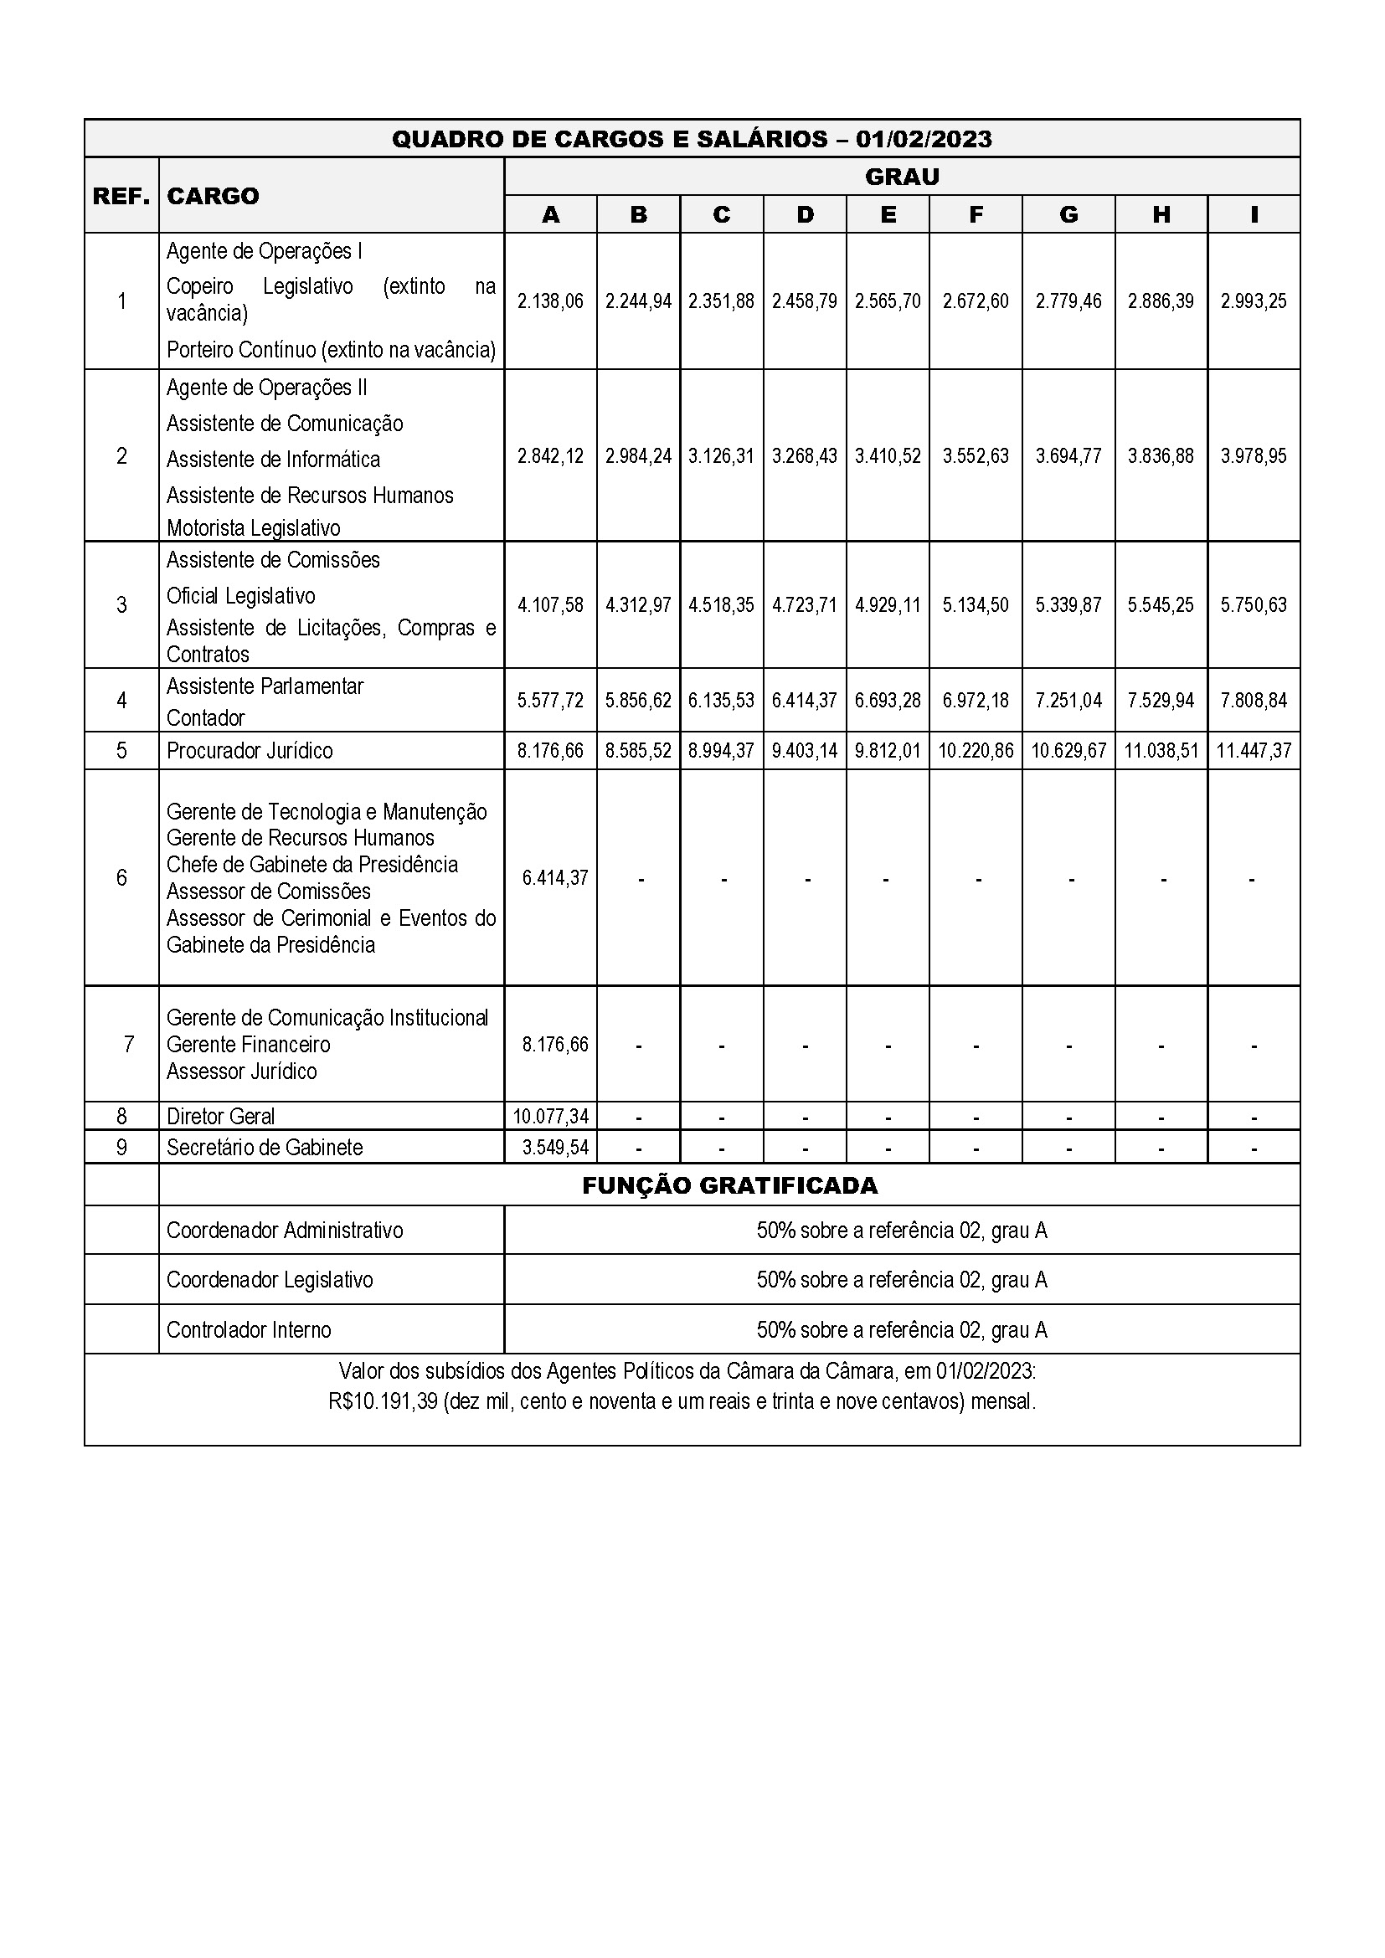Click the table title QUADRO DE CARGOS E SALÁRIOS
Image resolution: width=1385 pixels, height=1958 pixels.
(x=691, y=139)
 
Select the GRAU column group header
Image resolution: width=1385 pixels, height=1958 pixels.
(x=902, y=177)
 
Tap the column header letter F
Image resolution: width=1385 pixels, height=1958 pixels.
(x=976, y=215)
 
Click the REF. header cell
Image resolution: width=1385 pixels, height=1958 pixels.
(x=121, y=196)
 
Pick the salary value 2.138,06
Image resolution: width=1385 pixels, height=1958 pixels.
(x=550, y=301)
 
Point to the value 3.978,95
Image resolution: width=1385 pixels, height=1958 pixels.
(x=1253, y=456)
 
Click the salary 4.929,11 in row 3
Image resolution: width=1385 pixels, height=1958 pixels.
(x=888, y=605)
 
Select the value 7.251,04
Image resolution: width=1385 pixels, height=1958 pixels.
(x=1068, y=701)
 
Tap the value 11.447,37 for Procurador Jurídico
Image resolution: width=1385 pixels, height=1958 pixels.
(x=1253, y=751)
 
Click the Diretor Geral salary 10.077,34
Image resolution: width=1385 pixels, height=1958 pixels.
(x=550, y=1117)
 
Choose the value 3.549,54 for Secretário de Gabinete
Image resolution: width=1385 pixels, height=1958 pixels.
(x=555, y=1148)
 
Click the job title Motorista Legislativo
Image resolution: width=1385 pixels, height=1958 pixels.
(x=253, y=529)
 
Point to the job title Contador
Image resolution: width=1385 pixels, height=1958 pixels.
(x=205, y=718)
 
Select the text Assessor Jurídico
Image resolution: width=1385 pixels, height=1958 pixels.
(x=241, y=1072)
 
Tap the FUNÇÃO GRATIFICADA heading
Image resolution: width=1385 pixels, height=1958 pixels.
(x=729, y=1185)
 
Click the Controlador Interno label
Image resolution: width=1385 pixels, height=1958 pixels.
(x=248, y=1330)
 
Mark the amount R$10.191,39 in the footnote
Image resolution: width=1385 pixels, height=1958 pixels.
(x=383, y=1402)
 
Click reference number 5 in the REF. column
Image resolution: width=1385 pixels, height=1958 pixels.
(x=121, y=751)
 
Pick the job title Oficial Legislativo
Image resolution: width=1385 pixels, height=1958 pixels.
(x=240, y=596)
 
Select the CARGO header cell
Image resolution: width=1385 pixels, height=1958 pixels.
(x=213, y=196)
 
